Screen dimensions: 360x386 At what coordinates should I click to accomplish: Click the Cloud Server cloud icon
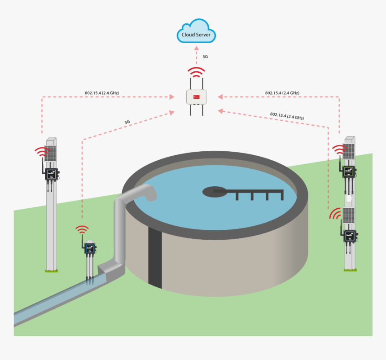coord(196,31)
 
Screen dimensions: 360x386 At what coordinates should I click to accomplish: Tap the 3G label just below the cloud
coord(205,57)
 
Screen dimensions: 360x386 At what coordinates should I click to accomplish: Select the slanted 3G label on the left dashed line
coord(127,122)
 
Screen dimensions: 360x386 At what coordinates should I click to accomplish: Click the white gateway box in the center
coord(196,97)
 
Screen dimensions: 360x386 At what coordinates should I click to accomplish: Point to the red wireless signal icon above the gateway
coord(196,72)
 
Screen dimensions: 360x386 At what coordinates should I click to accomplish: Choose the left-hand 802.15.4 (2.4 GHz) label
coord(102,93)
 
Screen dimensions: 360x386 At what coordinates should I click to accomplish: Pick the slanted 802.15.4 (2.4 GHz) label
coord(287,116)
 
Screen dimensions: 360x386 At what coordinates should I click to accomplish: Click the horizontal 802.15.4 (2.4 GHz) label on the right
coord(282,93)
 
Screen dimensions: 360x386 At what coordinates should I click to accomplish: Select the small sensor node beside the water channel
coord(90,248)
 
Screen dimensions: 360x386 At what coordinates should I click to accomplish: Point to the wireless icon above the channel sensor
coord(82,229)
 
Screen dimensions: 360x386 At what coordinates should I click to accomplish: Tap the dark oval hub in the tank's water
coord(215,192)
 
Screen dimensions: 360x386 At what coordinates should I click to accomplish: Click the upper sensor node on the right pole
coord(349,171)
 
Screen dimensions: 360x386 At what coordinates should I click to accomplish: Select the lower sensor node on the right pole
coord(349,235)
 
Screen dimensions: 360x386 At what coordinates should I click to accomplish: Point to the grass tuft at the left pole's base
coord(52,270)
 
